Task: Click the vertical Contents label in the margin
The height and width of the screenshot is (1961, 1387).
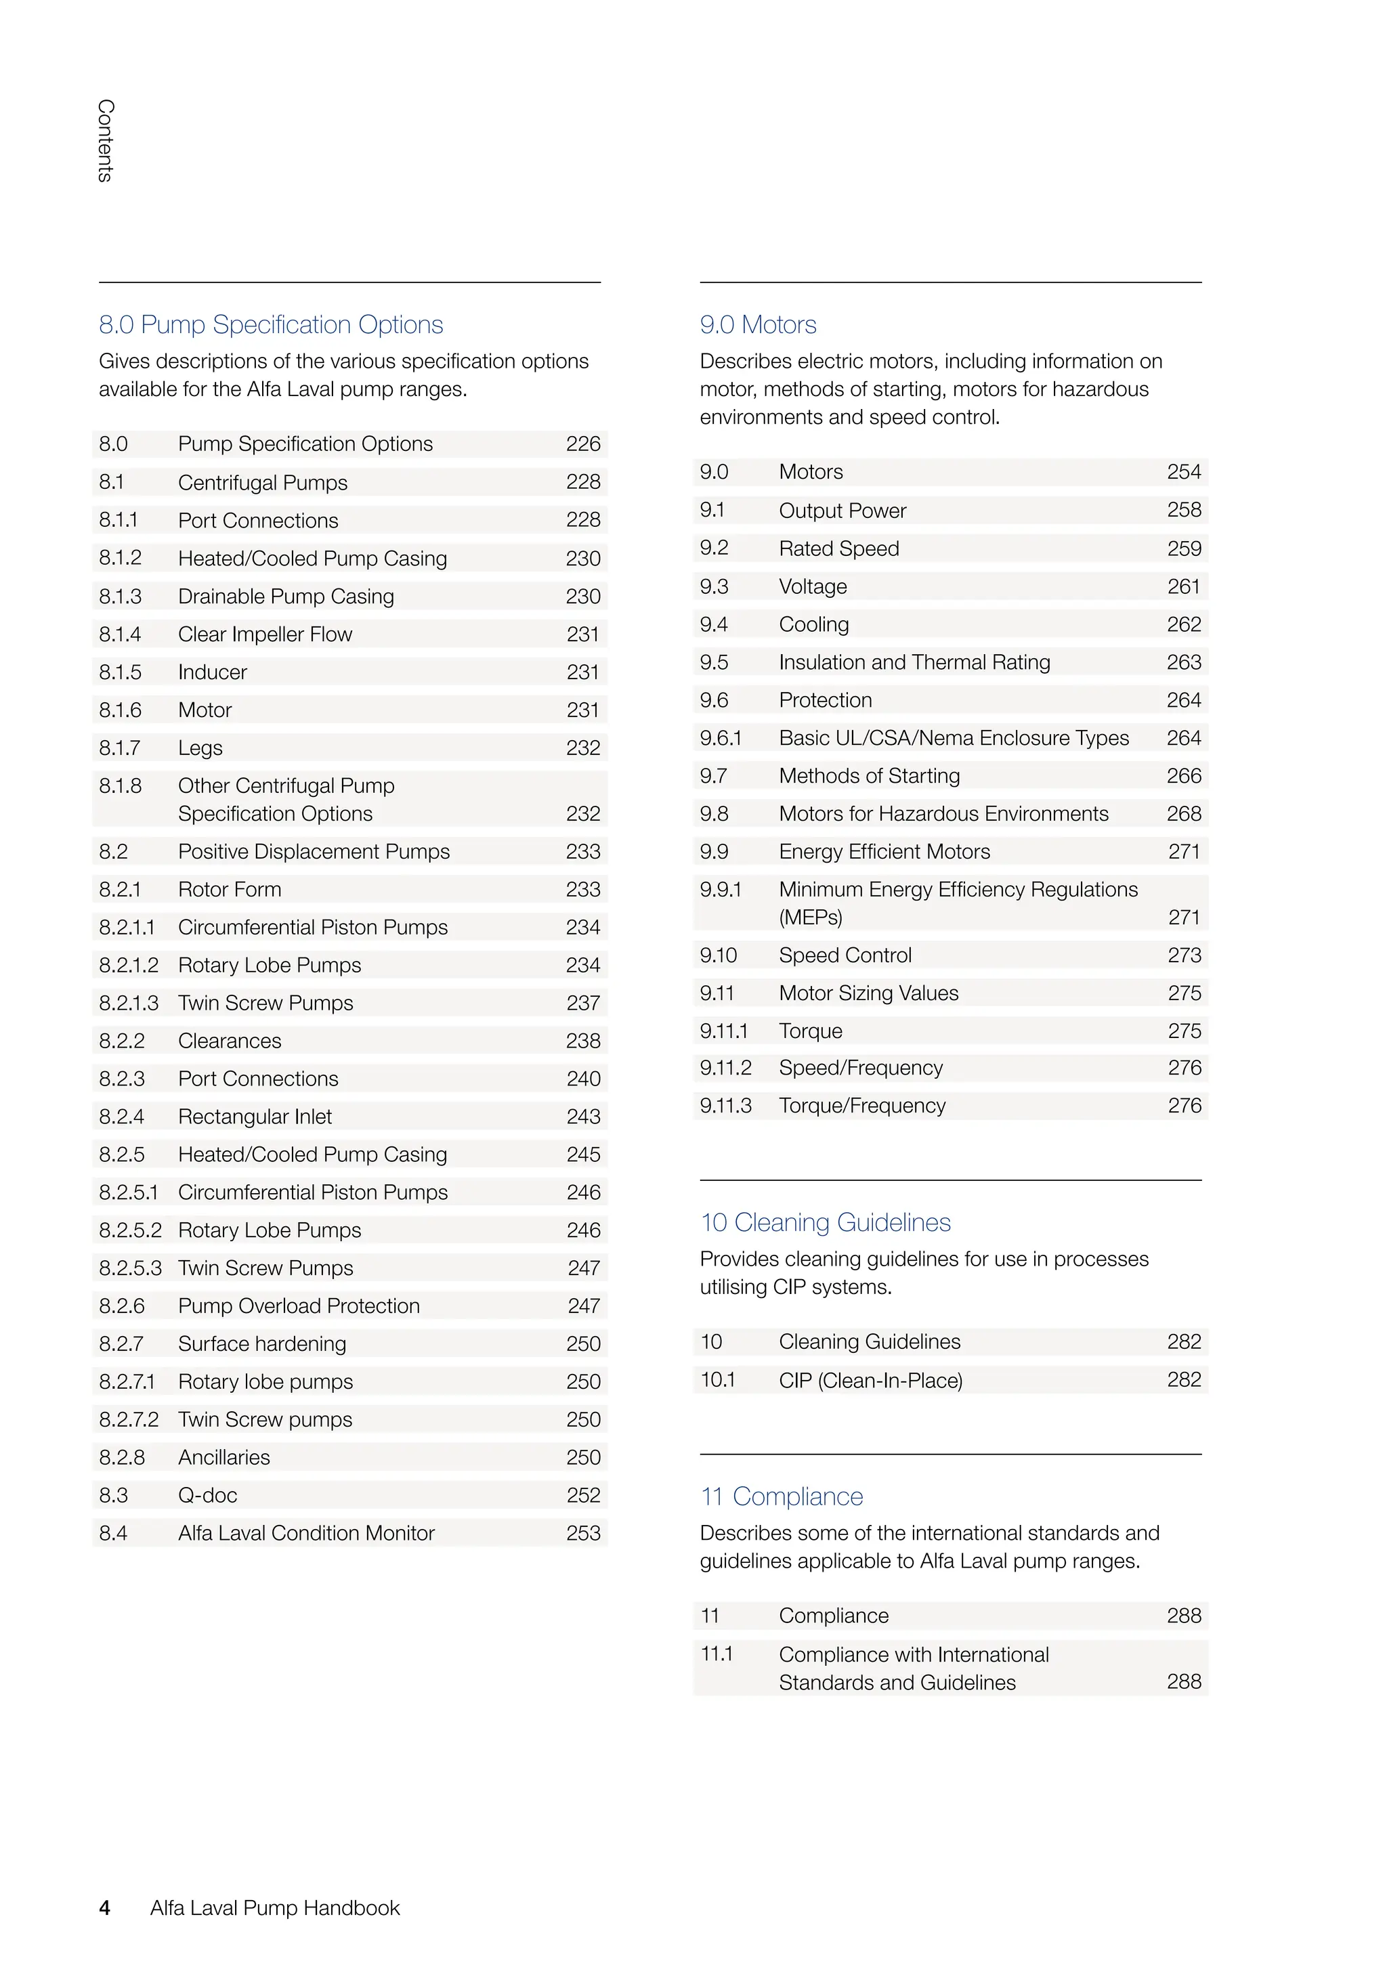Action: tap(105, 140)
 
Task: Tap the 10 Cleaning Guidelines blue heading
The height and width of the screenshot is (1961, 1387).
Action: tap(825, 1222)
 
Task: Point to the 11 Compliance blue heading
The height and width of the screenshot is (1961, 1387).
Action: tap(782, 1496)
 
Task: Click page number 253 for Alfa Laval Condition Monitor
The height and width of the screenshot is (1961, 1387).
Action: tap(583, 1533)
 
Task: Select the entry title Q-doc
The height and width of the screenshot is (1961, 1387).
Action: tap(207, 1496)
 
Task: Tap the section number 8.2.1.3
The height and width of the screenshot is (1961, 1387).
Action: tap(128, 1003)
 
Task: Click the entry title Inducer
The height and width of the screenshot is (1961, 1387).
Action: tap(212, 672)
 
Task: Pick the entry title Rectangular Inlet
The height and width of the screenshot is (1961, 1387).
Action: tap(255, 1117)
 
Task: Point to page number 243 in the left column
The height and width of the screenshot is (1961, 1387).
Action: tap(583, 1117)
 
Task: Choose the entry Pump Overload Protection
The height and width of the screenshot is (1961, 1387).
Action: tap(299, 1306)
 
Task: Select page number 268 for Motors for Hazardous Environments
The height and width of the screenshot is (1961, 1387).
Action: tap(1184, 814)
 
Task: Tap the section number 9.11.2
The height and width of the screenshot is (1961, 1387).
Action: tap(725, 1068)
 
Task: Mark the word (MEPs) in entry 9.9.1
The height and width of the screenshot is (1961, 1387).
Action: tap(811, 918)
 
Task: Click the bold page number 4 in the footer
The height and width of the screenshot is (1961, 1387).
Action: tap(105, 1908)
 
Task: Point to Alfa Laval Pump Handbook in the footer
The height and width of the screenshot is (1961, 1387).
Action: tap(275, 1908)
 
